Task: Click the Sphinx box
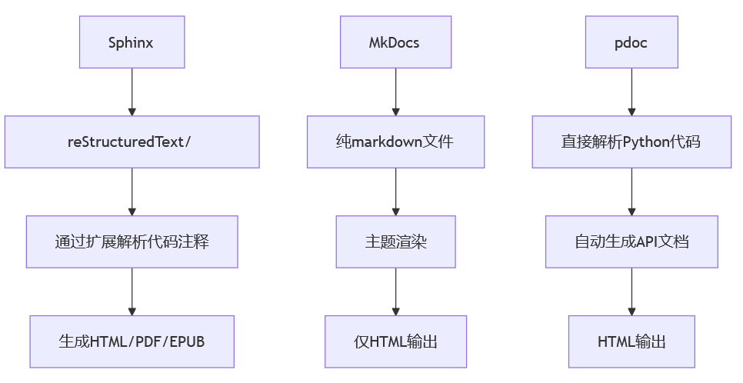pyautogui.click(x=132, y=42)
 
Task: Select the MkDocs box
pyautogui.click(x=395, y=42)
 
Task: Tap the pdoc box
pyautogui.click(x=631, y=42)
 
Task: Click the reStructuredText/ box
pyautogui.click(x=132, y=142)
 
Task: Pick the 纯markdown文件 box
pyautogui.click(x=395, y=142)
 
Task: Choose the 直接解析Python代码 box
pyautogui.click(x=631, y=142)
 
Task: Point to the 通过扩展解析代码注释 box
pyautogui.click(x=132, y=241)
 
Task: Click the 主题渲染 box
pyautogui.click(x=395, y=241)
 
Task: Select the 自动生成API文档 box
pyautogui.click(x=631, y=241)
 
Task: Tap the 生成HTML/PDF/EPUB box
pyautogui.click(x=132, y=341)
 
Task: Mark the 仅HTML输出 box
pyautogui.click(x=395, y=341)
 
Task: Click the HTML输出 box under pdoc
pyautogui.click(x=631, y=341)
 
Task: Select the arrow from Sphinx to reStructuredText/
pyautogui.click(x=132, y=92)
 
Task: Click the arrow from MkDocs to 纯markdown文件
pyautogui.click(x=395, y=92)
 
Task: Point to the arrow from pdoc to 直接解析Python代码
pyautogui.click(x=631, y=92)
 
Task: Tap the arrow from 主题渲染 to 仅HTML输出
pyautogui.click(x=395, y=291)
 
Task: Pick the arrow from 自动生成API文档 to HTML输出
pyautogui.click(x=631, y=291)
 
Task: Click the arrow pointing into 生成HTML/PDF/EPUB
pyautogui.click(x=132, y=291)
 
